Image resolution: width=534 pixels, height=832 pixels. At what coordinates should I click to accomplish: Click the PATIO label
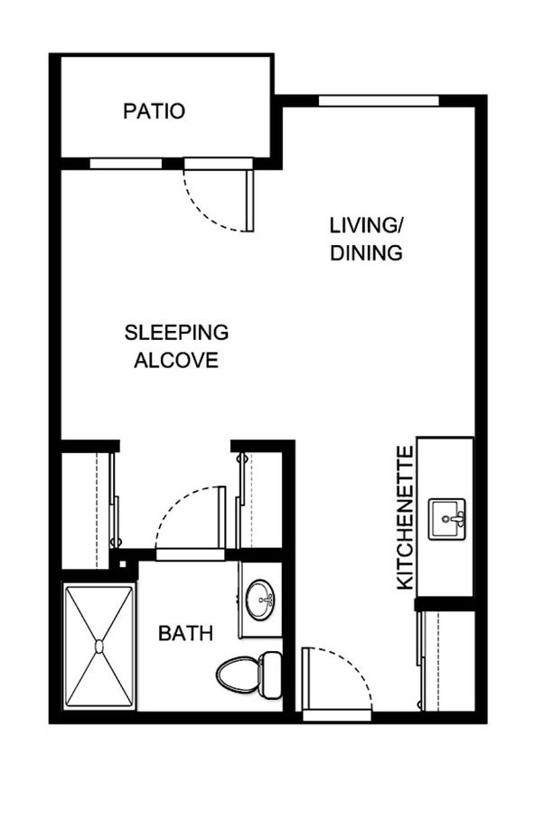pyautogui.click(x=154, y=111)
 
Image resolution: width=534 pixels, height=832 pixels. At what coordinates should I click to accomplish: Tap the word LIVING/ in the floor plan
pyautogui.click(x=367, y=225)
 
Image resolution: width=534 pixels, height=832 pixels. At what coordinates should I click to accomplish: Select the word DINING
pyautogui.click(x=366, y=252)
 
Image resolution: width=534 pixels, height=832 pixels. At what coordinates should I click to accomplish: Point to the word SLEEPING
pyautogui.click(x=176, y=333)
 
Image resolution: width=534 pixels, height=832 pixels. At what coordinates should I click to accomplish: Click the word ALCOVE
pyautogui.click(x=176, y=360)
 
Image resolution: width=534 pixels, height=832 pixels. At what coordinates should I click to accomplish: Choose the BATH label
pyautogui.click(x=185, y=633)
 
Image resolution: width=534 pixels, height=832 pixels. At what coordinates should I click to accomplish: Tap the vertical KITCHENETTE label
pyautogui.click(x=405, y=518)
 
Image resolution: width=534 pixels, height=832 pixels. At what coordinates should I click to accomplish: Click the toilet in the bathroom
pyautogui.click(x=249, y=675)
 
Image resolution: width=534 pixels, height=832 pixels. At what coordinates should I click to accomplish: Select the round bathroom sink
pyautogui.click(x=260, y=600)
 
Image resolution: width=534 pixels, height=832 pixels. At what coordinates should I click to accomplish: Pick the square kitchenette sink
pyautogui.click(x=446, y=519)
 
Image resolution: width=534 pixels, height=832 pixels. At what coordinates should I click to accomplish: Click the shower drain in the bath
pyautogui.click(x=99, y=646)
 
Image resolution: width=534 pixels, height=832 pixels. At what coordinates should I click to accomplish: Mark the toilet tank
pyautogui.click(x=271, y=675)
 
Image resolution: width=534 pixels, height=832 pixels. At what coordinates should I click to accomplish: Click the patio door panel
pyautogui.click(x=249, y=201)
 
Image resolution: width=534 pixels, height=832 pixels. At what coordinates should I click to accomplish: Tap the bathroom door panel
pyautogui.click(x=221, y=517)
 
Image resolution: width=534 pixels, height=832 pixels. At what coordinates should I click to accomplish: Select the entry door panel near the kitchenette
pyautogui.click(x=306, y=678)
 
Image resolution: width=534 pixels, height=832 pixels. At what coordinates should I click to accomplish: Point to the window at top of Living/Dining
pyautogui.click(x=379, y=100)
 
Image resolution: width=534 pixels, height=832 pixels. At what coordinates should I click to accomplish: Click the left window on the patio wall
pyautogui.click(x=126, y=164)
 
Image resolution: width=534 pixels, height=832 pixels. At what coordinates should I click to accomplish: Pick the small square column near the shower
pyautogui.click(x=123, y=563)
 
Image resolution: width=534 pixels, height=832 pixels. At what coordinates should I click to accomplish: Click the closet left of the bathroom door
pyautogui.click(x=88, y=510)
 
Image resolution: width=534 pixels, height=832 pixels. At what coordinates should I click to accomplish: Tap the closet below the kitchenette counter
pyautogui.click(x=448, y=660)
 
